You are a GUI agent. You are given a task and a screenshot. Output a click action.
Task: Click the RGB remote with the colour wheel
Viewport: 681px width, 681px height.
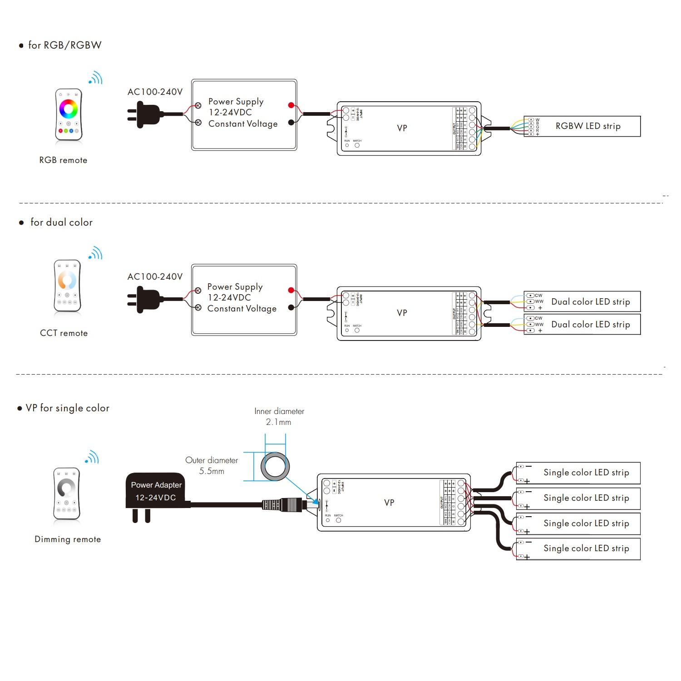[x=69, y=114]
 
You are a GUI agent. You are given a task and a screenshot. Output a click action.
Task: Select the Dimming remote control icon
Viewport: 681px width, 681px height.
[x=67, y=493]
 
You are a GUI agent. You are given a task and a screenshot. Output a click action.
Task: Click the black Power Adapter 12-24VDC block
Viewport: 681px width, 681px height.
[x=156, y=492]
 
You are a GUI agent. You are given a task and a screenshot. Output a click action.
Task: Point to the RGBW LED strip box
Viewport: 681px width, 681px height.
[x=582, y=126]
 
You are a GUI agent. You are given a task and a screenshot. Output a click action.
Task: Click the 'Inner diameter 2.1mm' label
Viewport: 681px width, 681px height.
[x=279, y=416]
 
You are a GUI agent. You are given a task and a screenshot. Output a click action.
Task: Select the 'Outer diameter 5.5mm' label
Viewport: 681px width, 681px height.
[x=212, y=465]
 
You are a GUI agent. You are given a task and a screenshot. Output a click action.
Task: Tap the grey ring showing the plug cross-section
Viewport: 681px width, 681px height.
[x=275, y=466]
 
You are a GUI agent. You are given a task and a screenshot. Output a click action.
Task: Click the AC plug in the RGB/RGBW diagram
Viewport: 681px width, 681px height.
[x=145, y=114]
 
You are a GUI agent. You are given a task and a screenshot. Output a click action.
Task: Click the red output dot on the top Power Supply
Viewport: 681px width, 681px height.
[x=291, y=105]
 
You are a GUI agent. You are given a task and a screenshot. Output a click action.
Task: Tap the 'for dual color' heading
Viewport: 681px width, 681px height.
[x=61, y=222]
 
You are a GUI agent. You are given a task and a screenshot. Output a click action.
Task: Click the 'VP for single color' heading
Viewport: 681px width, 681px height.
[x=67, y=408]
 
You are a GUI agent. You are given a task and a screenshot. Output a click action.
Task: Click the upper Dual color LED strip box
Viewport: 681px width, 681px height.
[x=582, y=301]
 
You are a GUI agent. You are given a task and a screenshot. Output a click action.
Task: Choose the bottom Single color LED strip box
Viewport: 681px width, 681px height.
[x=578, y=549]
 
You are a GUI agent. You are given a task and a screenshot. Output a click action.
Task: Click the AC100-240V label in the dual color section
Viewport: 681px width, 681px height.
[x=155, y=276]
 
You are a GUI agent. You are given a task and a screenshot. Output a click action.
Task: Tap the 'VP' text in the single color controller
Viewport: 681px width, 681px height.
[x=389, y=503]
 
